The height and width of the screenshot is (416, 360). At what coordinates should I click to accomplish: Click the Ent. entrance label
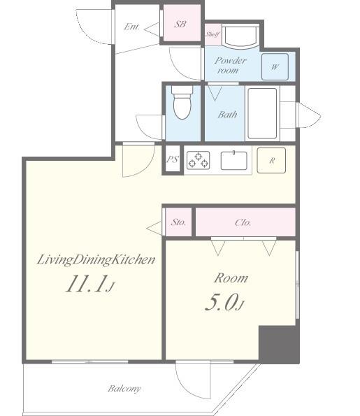click(132, 27)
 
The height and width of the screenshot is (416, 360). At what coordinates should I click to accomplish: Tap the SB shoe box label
click(180, 24)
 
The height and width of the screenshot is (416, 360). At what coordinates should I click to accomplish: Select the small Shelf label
click(213, 34)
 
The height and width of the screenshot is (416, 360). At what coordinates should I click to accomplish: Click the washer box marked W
click(275, 67)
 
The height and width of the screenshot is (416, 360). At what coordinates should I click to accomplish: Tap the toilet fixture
click(182, 103)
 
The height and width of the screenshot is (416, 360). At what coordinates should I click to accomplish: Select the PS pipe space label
click(173, 160)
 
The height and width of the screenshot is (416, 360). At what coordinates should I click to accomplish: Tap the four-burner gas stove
click(197, 160)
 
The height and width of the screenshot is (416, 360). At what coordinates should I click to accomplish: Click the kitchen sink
click(234, 160)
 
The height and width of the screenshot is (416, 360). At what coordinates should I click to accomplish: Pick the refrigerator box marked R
click(271, 160)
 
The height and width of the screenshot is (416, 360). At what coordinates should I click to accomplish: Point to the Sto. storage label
click(178, 223)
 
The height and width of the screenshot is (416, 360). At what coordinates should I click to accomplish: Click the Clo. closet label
click(243, 223)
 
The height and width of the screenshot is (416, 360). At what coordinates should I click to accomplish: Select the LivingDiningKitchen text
click(96, 260)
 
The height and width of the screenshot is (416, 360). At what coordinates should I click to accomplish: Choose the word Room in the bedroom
click(230, 278)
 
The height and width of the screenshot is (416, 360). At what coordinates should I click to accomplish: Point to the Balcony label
click(124, 388)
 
